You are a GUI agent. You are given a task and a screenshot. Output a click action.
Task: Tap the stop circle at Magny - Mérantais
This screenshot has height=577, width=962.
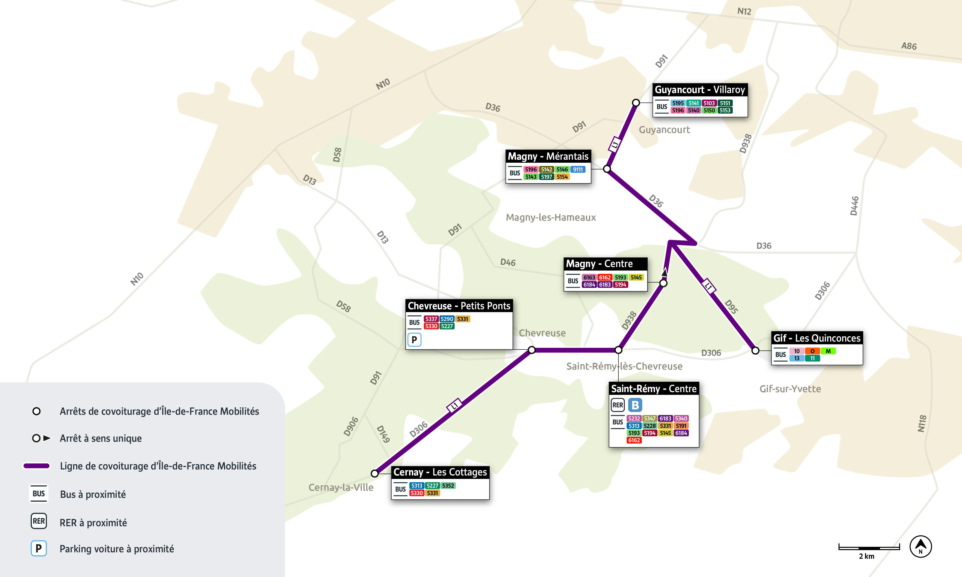pos(607,169)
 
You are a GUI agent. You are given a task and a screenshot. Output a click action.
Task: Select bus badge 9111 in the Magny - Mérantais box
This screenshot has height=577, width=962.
pos(578,170)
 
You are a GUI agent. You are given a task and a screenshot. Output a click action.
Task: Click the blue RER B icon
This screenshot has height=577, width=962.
pos(635,405)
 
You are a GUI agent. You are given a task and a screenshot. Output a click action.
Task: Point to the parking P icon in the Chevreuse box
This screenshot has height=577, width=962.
pos(414,340)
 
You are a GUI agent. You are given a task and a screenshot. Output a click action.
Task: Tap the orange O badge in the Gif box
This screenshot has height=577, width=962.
pos(812,351)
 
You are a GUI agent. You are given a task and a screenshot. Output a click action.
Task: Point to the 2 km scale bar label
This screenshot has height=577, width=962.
pos(866,556)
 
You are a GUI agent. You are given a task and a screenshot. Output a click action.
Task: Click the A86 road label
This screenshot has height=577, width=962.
pos(909,46)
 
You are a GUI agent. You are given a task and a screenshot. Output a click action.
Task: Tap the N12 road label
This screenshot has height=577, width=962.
pos(744,11)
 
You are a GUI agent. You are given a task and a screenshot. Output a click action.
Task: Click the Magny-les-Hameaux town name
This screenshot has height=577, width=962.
pos(551,217)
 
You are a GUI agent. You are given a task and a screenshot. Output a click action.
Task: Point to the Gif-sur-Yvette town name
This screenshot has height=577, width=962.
pos(790,389)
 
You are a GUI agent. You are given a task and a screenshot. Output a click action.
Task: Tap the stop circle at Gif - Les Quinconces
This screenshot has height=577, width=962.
pos(755,351)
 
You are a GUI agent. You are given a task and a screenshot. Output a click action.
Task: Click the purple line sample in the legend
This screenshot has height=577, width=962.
pos(36,466)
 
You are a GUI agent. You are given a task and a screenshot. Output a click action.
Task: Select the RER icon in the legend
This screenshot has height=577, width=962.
pos(39,521)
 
